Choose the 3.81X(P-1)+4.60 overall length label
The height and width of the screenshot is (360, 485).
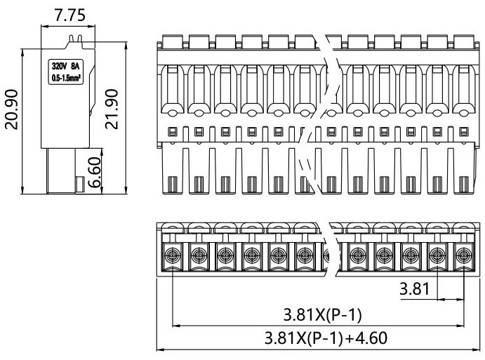pos(320,337)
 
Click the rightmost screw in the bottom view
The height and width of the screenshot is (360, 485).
pos(463,253)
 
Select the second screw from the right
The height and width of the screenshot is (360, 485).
pos(437,253)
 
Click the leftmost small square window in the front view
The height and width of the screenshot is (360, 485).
pos(172,130)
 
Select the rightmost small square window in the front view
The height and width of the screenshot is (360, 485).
pos(463,130)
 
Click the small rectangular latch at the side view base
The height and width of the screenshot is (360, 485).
pos(79,185)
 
